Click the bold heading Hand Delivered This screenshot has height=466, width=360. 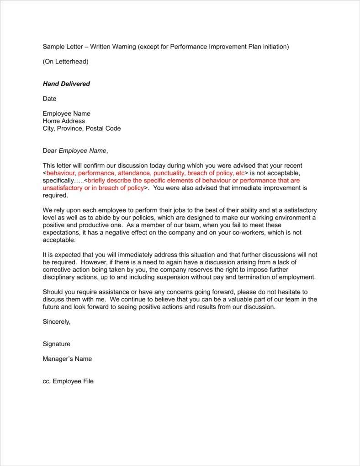click(66, 84)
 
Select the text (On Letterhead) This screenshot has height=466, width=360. click(65, 62)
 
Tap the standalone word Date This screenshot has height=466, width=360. click(49, 99)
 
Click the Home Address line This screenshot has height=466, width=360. click(64, 121)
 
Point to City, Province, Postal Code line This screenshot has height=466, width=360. click(82, 129)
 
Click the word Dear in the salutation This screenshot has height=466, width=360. click(50, 150)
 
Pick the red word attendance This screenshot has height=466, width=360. click(133, 173)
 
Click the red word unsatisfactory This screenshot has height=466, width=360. click(63, 188)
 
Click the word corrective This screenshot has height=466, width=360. click(59, 270)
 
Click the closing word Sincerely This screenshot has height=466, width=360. click(57, 321)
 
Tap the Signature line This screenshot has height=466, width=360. click(56, 344)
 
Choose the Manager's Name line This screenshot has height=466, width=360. click(67, 359)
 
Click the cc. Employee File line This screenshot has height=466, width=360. click(68, 381)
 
